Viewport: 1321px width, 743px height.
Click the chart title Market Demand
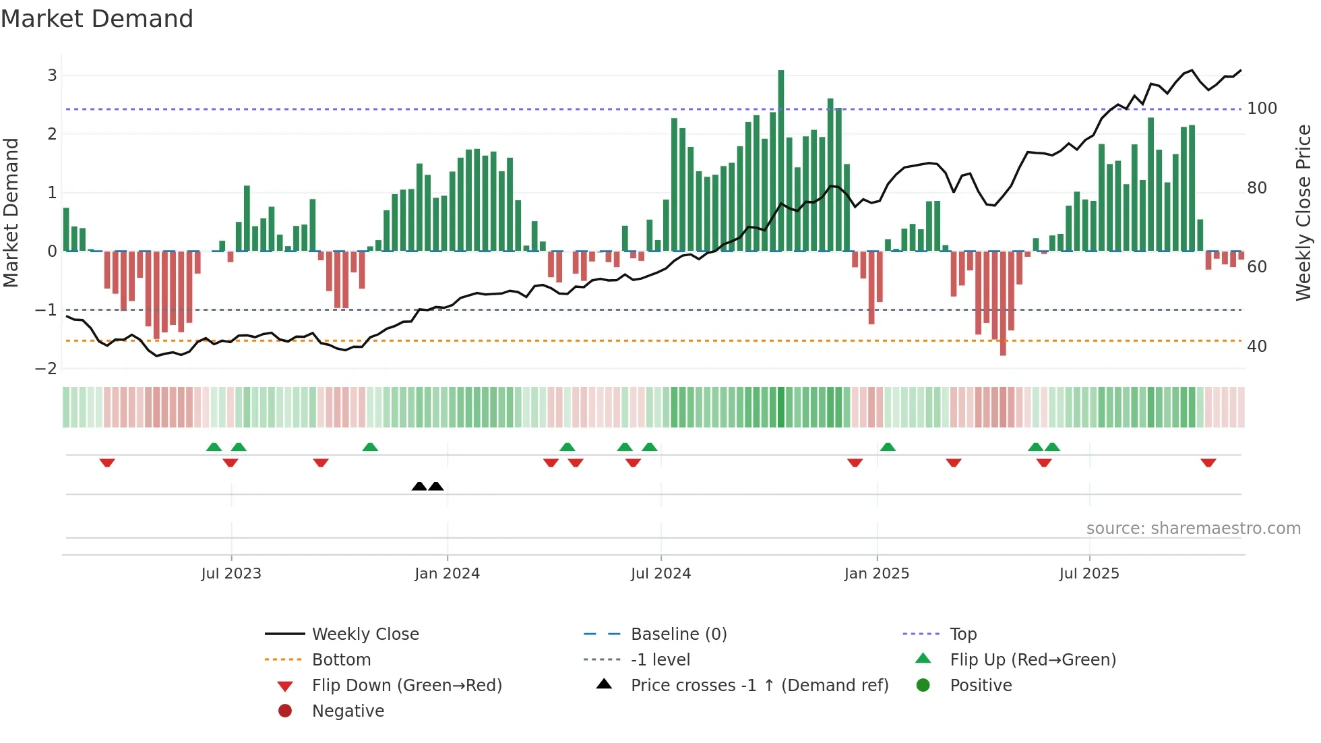click(x=97, y=19)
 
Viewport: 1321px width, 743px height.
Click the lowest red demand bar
click(x=1003, y=303)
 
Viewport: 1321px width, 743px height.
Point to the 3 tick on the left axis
click(x=52, y=75)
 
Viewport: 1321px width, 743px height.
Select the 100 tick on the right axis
click(x=1262, y=109)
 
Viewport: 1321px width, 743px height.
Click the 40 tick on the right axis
click(x=1257, y=347)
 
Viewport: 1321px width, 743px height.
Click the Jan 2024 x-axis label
click(x=447, y=574)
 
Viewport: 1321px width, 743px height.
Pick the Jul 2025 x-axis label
click(x=1089, y=574)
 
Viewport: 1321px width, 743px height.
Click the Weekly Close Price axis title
click(x=1303, y=212)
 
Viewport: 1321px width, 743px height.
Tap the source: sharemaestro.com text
click(x=1193, y=529)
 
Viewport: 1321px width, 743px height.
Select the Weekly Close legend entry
click(x=365, y=634)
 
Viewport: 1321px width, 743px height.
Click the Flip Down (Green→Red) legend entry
click(x=406, y=686)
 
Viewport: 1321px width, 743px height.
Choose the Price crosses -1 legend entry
click(x=759, y=686)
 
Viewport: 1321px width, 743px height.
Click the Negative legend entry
click(x=348, y=711)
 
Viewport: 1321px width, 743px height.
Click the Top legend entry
click(x=963, y=634)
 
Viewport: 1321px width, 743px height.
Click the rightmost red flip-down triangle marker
click(x=1208, y=463)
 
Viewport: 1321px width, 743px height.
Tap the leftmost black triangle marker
click(x=419, y=487)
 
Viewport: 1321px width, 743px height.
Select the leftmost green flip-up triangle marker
click(x=214, y=447)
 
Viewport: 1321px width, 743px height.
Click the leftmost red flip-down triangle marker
click(x=107, y=463)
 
